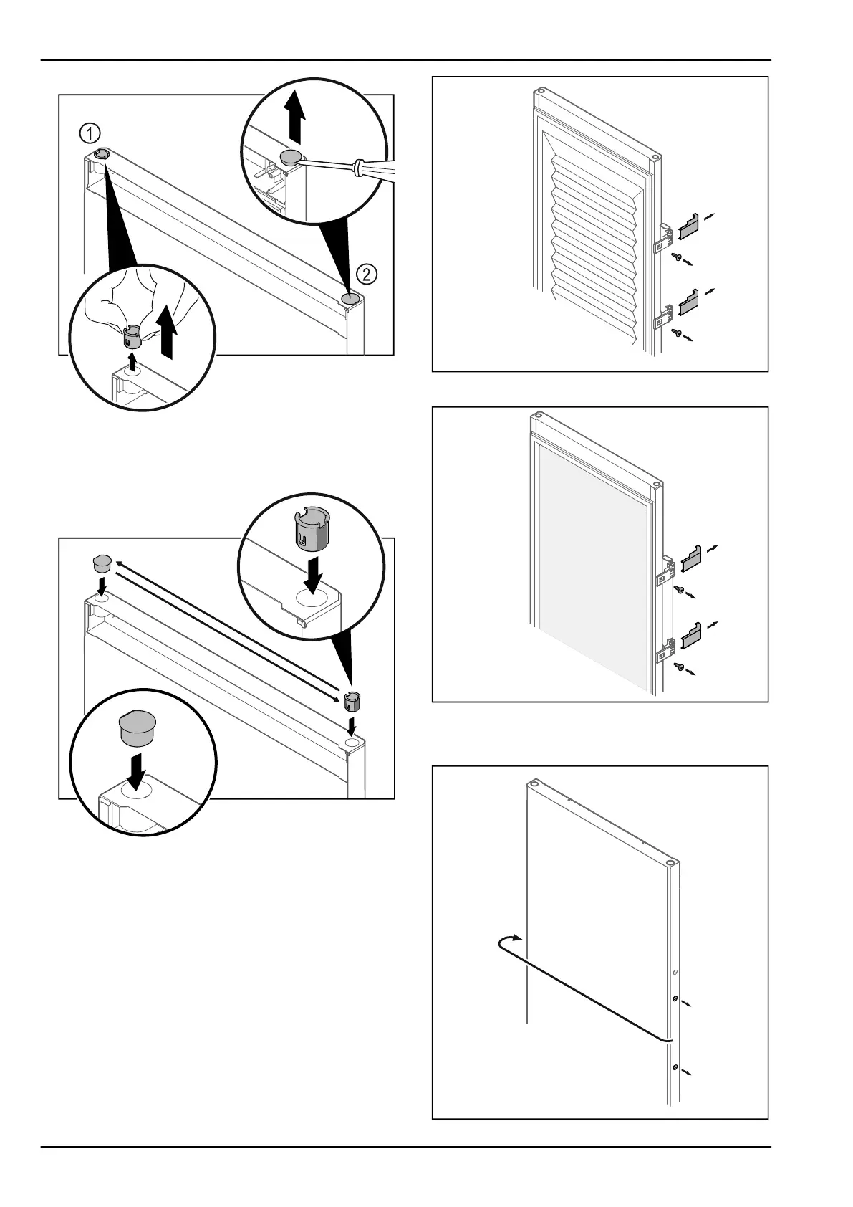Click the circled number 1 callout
click(90, 133)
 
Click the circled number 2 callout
click(365, 274)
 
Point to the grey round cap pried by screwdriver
click(291, 158)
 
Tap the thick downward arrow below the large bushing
click(314, 573)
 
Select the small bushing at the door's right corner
click(351, 698)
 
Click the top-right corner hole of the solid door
click(669, 863)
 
